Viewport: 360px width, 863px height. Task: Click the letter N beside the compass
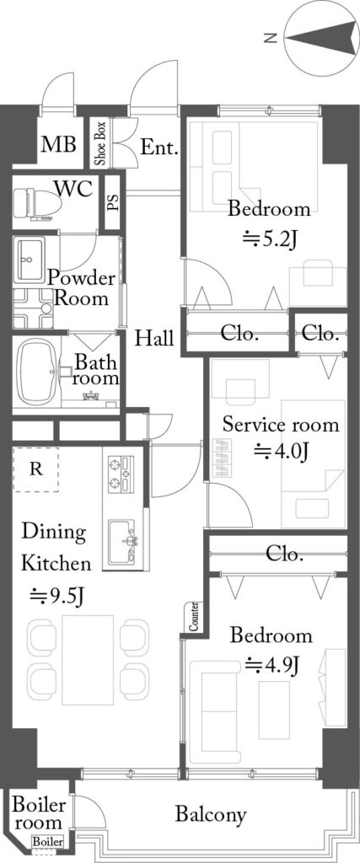(x=270, y=38)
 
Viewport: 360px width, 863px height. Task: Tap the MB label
(x=59, y=145)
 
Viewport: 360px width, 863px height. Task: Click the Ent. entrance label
(x=159, y=147)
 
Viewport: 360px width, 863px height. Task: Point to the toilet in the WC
(x=37, y=204)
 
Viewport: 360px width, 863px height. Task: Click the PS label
(x=112, y=202)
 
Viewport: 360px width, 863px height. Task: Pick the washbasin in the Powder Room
(x=31, y=260)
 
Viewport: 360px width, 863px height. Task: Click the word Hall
(x=154, y=337)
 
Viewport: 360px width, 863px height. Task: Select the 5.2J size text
(x=270, y=240)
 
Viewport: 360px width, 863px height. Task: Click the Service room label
(x=280, y=425)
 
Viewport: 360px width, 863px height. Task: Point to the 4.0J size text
(x=279, y=452)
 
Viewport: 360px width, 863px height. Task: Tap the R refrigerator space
(x=35, y=469)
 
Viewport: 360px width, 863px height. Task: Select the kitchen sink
(x=122, y=542)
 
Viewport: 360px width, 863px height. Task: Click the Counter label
(x=193, y=617)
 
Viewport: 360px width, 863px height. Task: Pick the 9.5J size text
(x=56, y=596)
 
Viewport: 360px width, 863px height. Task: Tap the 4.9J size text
(x=271, y=665)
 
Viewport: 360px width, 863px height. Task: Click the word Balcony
(x=211, y=814)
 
